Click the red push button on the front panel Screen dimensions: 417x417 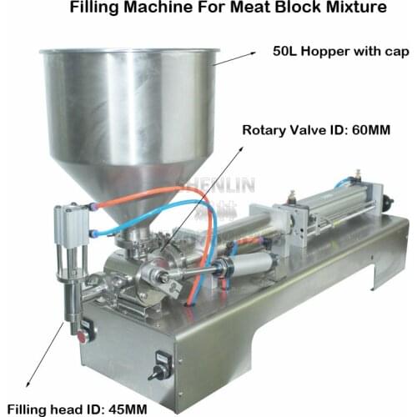click(82, 338)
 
